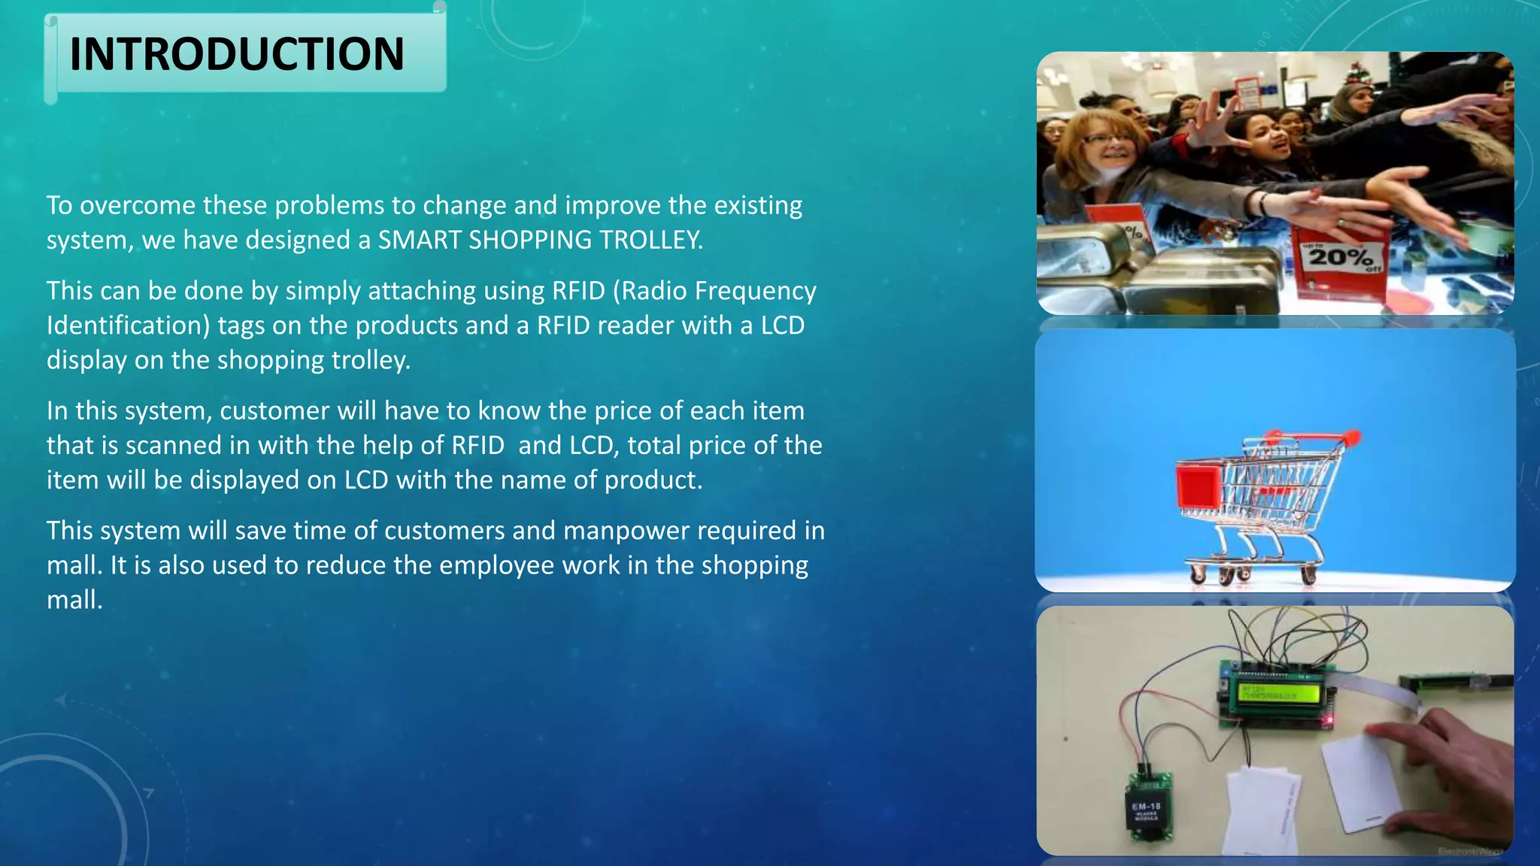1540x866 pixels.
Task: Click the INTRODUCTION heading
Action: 236,54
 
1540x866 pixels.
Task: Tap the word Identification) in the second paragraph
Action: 128,326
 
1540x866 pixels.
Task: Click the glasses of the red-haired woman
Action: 1108,138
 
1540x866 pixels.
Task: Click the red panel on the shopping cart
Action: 1199,486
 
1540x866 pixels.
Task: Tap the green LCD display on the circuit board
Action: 1276,692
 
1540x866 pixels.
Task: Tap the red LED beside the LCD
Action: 1329,721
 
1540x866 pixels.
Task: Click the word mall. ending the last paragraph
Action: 74,600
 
